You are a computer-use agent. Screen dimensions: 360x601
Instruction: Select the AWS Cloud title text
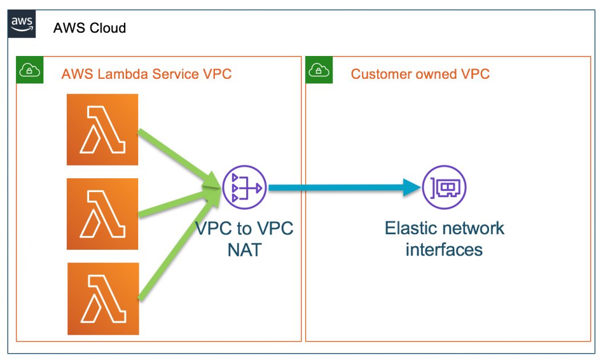tap(89, 27)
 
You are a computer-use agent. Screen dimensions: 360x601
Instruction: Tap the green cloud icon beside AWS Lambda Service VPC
tap(28, 70)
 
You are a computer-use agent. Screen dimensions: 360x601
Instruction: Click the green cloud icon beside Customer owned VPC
tap(318, 70)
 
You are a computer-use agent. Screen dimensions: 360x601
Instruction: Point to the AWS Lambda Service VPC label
tap(146, 74)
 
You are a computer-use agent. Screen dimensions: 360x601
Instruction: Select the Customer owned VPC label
tap(420, 74)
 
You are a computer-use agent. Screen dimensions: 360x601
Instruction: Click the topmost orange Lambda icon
tap(102, 130)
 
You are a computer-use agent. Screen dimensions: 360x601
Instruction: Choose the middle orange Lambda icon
tap(102, 214)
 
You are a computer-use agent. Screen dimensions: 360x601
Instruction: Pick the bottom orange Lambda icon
tap(102, 298)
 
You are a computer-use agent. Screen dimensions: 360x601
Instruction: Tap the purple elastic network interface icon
tap(444, 187)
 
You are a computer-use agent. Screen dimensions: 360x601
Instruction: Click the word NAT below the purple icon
tap(245, 250)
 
